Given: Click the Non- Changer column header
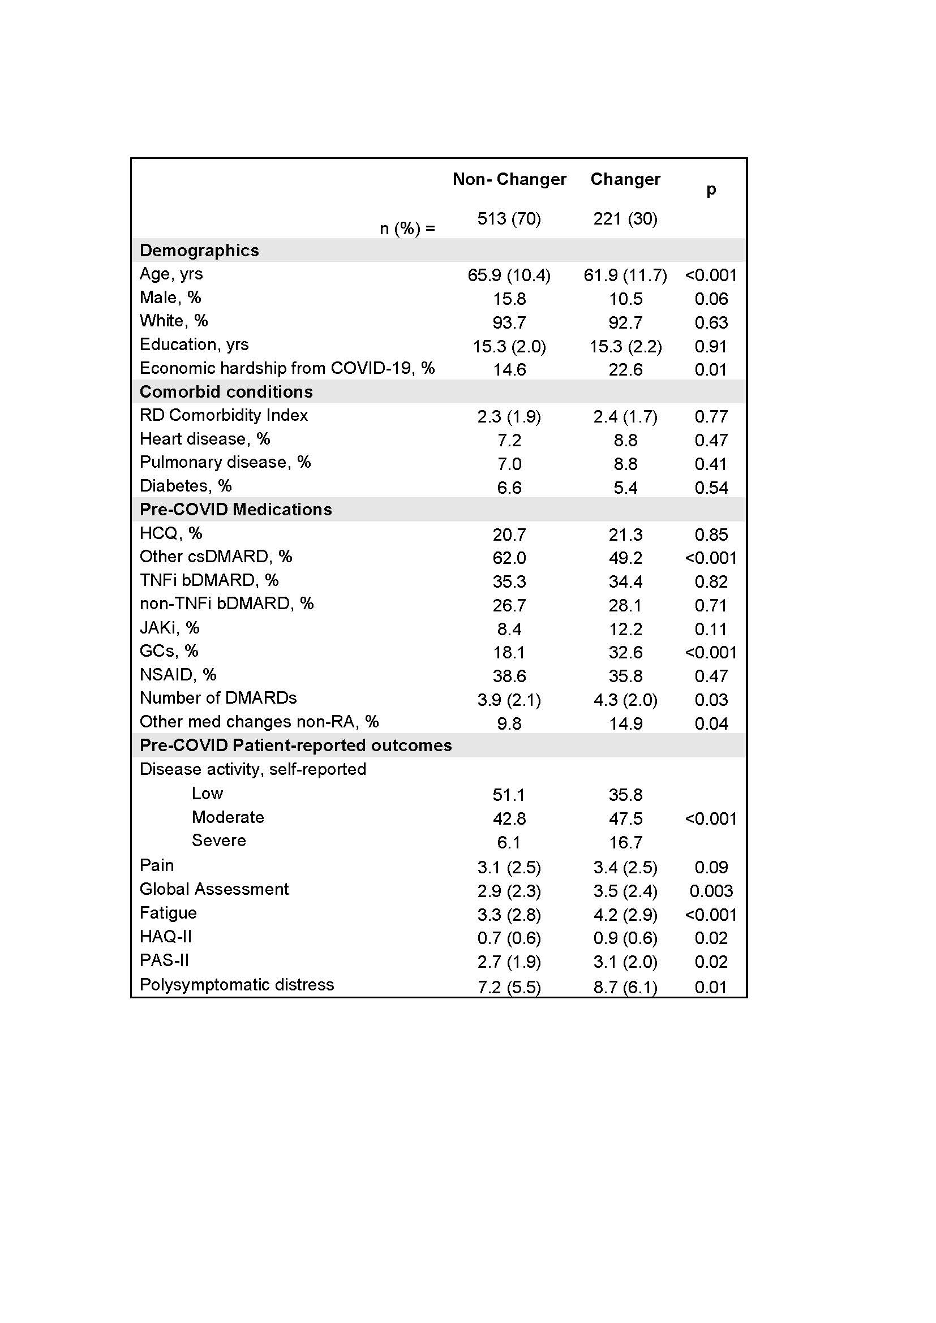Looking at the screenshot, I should click(509, 179).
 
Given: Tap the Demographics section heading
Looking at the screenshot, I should click(199, 251).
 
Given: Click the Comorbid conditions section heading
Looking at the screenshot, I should click(226, 392).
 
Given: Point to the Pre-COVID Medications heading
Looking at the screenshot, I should click(235, 510).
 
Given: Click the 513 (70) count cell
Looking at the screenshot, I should click(509, 219).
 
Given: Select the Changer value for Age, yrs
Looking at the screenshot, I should click(625, 275).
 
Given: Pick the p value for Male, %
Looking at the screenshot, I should click(711, 299).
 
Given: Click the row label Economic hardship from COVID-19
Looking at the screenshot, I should click(286, 368).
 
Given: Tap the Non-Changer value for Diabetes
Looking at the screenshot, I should click(509, 488).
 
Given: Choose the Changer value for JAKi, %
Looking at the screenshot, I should click(625, 629).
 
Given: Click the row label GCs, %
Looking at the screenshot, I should click(169, 651).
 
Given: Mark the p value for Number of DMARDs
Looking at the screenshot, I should click(711, 700).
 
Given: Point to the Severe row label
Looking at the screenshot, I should click(218, 841).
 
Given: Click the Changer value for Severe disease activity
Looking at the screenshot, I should click(625, 842).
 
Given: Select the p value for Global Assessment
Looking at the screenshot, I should click(711, 891).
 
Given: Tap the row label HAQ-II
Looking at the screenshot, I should click(165, 937).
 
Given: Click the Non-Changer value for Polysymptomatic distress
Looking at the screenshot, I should click(509, 987).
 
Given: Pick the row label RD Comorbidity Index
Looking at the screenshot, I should click(224, 416).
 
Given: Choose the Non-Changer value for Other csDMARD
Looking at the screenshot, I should click(509, 558).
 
